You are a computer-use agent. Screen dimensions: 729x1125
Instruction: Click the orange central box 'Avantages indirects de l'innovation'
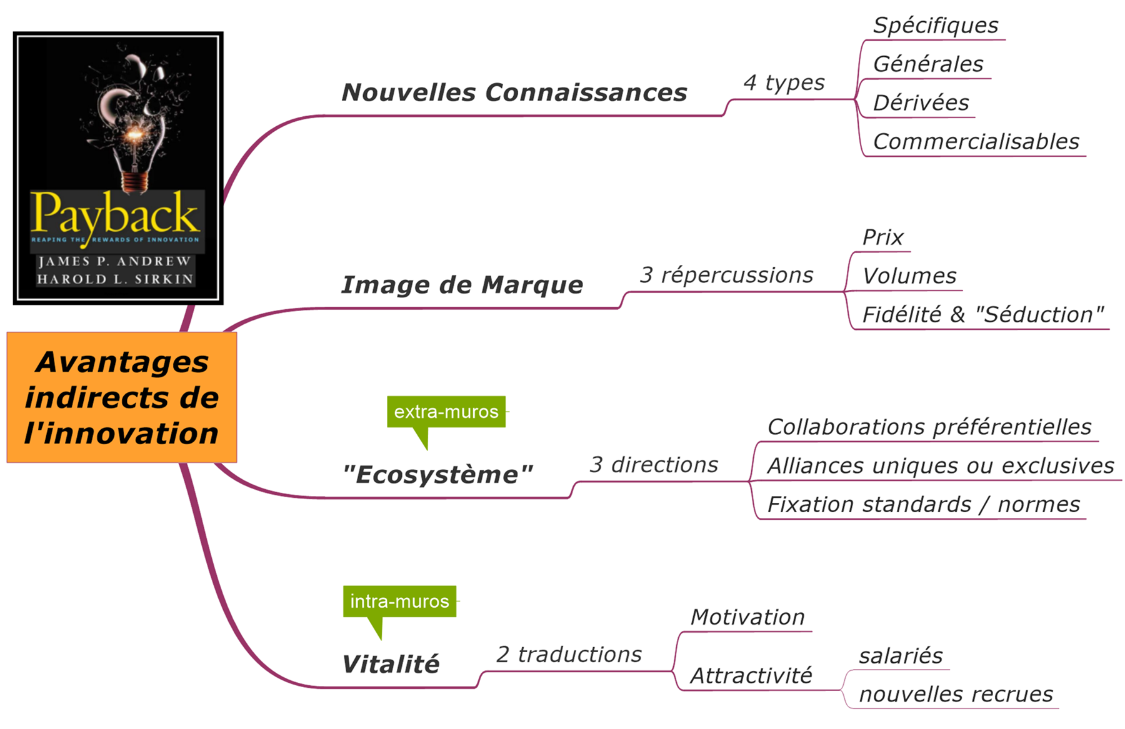[x=122, y=397]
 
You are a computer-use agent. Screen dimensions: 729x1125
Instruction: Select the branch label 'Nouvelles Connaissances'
[x=514, y=92]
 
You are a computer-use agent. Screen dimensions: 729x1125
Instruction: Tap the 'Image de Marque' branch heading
[x=462, y=285]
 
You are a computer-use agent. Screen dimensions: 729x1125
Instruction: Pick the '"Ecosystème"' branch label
[x=437, y=475]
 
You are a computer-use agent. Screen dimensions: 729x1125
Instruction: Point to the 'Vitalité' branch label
[x=391, y=664]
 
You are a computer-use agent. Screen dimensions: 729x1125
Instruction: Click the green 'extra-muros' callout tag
[x=446, y=412]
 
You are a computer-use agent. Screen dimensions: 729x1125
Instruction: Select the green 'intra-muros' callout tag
[x=399, y=601]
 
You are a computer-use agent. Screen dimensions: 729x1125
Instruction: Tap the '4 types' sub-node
[x=784, y=82]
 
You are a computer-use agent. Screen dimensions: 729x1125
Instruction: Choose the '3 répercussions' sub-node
[x=726, y=275]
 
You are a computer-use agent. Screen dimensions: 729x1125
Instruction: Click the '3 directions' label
[x=654, y=465]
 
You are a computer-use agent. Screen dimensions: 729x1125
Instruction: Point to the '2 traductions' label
[x=569, y=654]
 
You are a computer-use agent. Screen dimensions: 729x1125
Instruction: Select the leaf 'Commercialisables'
[x=976, y=142]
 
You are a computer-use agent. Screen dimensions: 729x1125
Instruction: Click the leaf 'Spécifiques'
[x=936, y=26]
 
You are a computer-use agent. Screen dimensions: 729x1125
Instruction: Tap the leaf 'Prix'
[x=882, y=237]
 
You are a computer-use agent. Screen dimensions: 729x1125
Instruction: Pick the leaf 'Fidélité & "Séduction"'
[x=982, y=315]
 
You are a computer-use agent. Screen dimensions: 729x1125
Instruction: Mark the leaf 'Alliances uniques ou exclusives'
[x=941, y=466]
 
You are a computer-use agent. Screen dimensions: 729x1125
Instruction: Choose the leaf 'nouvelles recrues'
[x=956, y=694]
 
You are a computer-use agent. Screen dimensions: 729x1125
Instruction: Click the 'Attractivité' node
[x=751, y=675]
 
